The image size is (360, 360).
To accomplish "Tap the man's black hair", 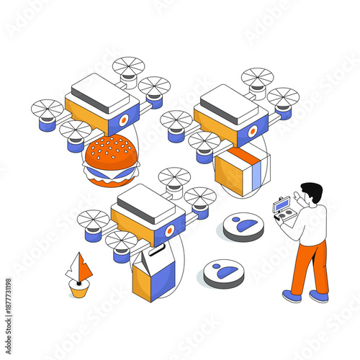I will [x=312, y=192].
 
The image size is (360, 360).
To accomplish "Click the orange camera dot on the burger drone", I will [x=124, y=120].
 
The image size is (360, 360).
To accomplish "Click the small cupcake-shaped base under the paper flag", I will [x=79, y=288].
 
